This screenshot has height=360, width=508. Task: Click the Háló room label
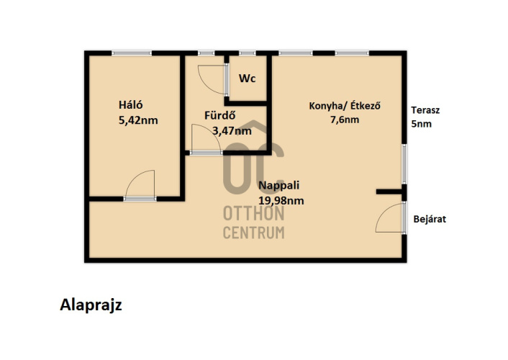[x=130, y=104]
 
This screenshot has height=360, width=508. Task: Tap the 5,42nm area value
[x=138, y=120]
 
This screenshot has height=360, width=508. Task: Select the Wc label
[x=248, y=78]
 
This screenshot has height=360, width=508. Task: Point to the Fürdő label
[x=219, y=115]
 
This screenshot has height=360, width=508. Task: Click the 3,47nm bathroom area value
[x=232, y=131]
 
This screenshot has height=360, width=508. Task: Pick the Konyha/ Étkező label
[x=345, y=106]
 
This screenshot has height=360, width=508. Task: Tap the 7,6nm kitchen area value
[x=345, y=120]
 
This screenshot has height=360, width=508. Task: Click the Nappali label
[x=279, y=185]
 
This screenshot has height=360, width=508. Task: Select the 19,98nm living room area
[x=281, y=201]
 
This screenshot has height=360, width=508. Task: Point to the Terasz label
[x=425, y=110]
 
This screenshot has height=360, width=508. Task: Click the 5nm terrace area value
[x=422, y=124]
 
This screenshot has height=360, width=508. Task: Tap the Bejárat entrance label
[x=430, y=220]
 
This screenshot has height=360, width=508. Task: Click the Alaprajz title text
[x=91, y=305]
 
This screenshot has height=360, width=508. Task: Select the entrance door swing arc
[x=384, y=211]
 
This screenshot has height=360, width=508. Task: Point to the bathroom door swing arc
[x=213, y=132]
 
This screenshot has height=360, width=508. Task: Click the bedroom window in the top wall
[x=132, y=53]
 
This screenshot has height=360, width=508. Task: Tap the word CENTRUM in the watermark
[x=254, y=233]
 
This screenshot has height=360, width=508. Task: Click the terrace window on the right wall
[x=404, y=163]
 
